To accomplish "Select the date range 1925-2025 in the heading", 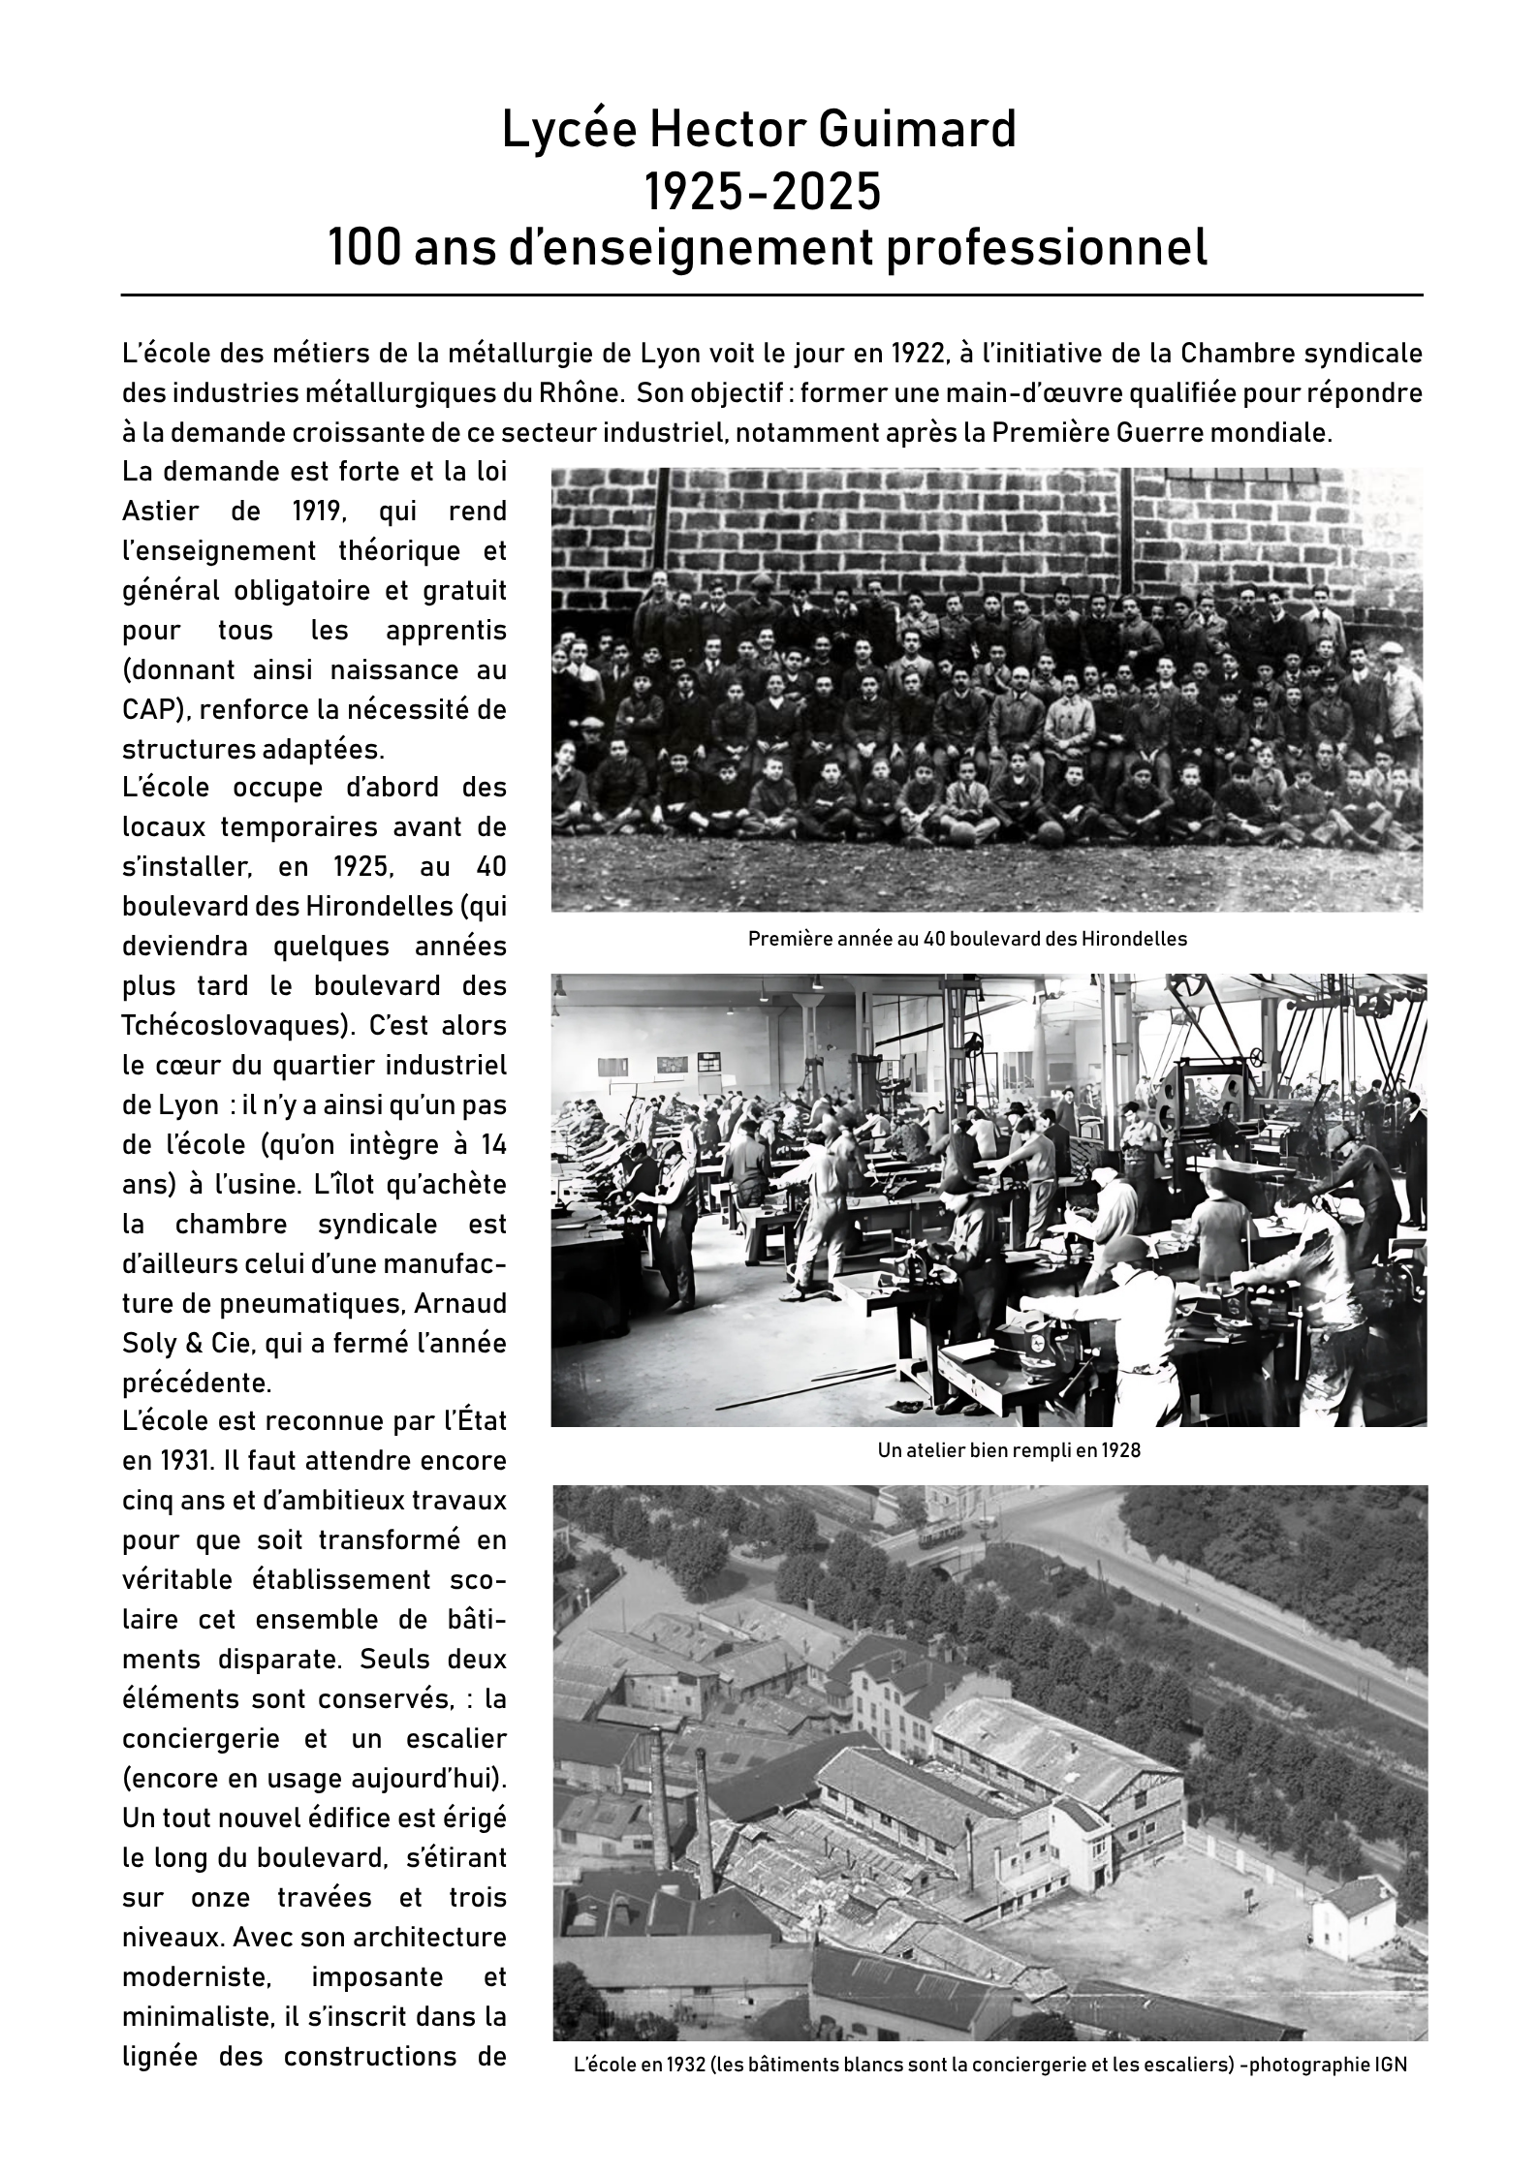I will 764,191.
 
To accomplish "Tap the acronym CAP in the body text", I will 150,709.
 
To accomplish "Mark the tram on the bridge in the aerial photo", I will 940,1537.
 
